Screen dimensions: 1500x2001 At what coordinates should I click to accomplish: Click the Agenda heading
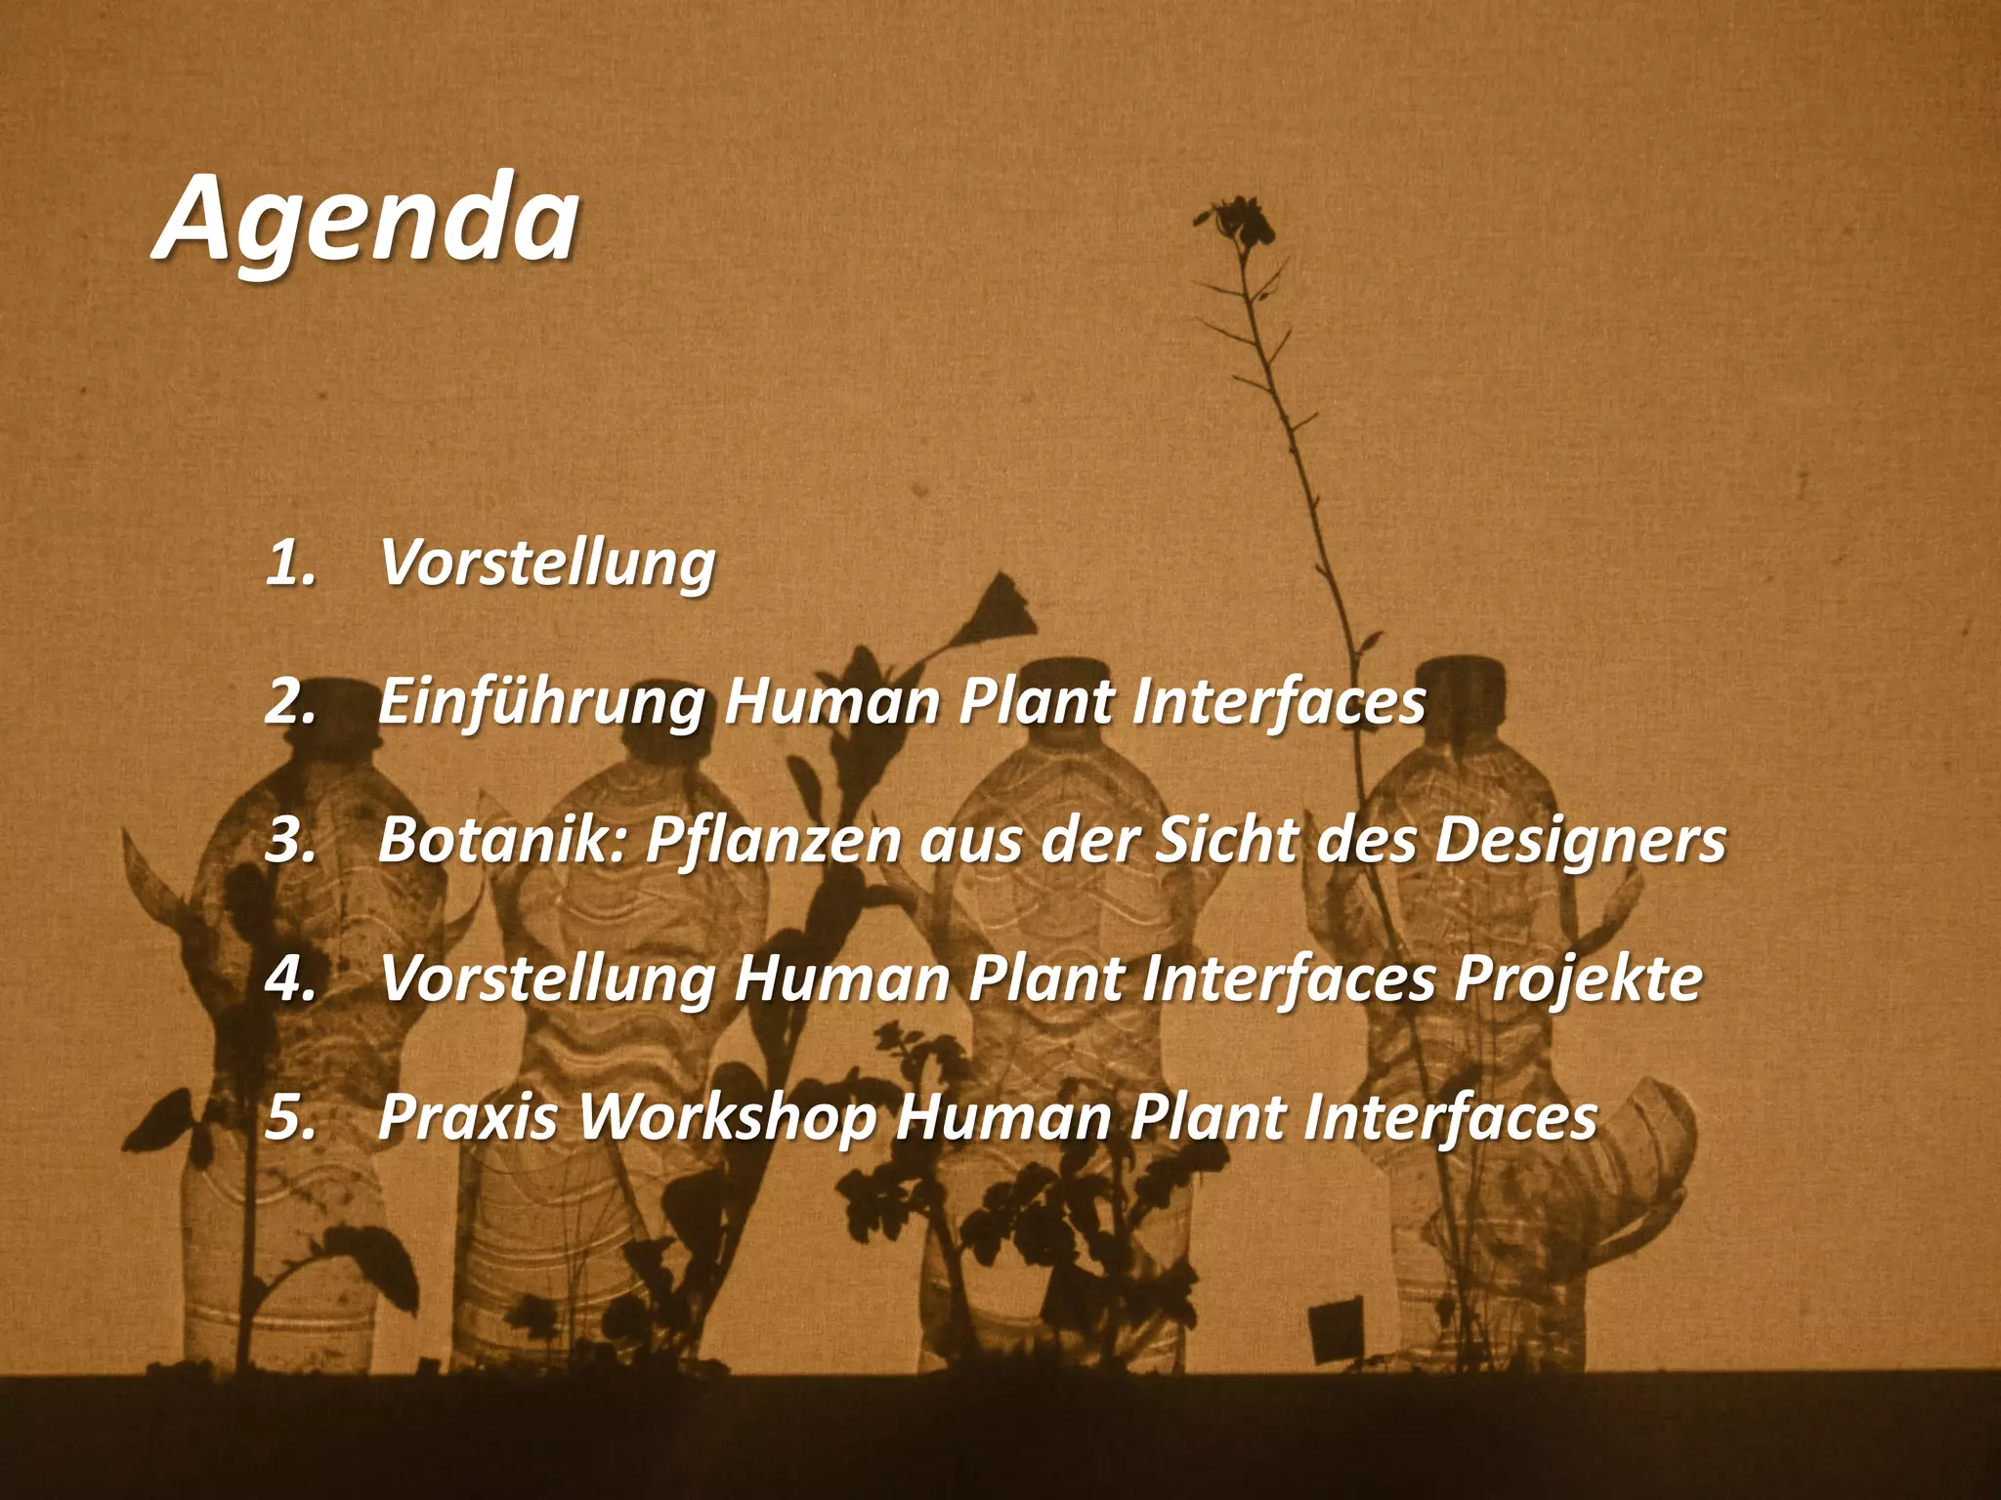coord(367,221)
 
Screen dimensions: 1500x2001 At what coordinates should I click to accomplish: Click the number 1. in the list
coord(290,564)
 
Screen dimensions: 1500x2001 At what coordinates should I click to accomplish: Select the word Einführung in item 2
coord(540,703)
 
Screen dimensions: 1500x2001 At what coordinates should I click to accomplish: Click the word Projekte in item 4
coord(1578,979)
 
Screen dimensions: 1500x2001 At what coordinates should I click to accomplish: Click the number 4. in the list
coord(290,979)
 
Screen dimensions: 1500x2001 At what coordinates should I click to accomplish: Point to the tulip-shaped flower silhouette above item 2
coord(1001,610)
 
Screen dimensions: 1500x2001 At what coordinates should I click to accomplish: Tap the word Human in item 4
coord(840,979)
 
